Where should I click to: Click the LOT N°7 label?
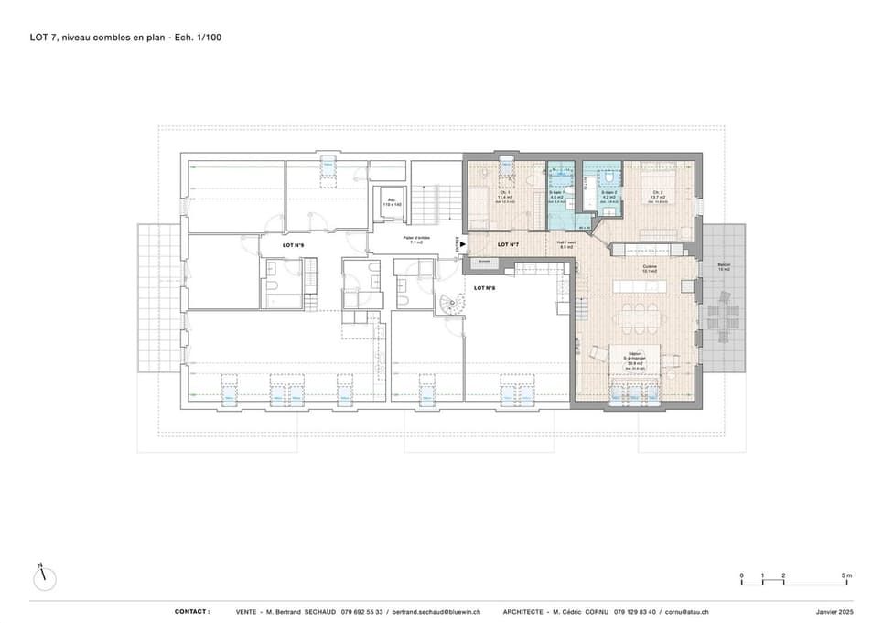(508, 245)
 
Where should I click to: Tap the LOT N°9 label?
(269, 246)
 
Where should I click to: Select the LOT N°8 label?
(485, 288)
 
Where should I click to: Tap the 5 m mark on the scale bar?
(847, 575)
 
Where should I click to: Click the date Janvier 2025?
(834, 611)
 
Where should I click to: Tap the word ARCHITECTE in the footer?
(526, 611)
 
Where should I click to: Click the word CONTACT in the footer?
(192, 611)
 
